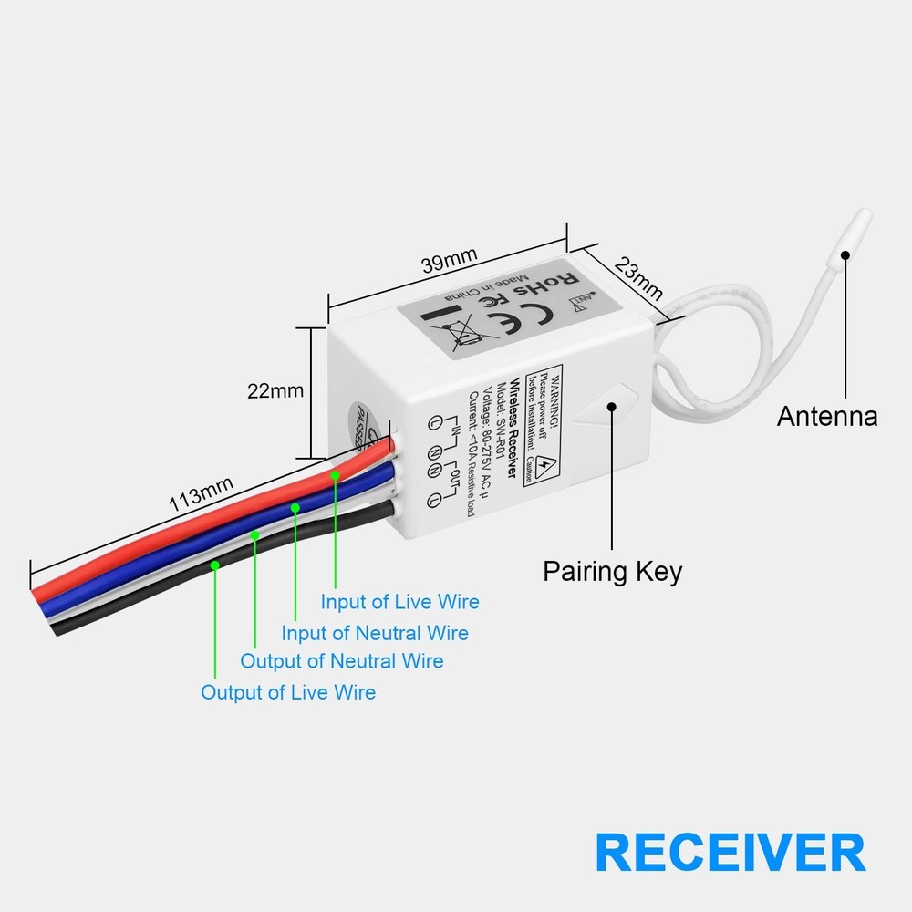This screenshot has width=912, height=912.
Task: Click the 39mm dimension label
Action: coord(449,261)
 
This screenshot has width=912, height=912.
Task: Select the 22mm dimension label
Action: coord(275,390)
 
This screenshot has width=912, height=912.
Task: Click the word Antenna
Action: coord(827,417)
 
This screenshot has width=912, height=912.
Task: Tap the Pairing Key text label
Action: coord(612,572)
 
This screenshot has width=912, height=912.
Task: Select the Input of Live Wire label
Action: coord(399,602)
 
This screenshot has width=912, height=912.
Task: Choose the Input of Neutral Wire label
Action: coord(375,633)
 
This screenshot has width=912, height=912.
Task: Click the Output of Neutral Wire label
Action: coord(342,661)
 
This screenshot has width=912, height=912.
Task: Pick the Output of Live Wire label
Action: coord(288,692)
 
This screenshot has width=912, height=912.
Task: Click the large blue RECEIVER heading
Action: coord(730,853)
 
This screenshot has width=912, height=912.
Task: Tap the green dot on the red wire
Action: coord(336,474)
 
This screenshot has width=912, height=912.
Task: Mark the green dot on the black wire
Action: coord(214,565)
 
